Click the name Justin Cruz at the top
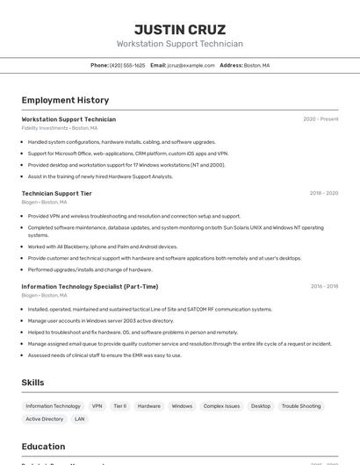point(179,29)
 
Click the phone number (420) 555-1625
point(127,65)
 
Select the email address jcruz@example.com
point(191,65)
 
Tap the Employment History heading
point(65,100)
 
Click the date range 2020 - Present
point(320,119)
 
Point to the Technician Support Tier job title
point(56,193)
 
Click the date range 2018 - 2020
point(323,193)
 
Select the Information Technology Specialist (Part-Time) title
point(90,286)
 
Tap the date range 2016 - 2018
point(323,286)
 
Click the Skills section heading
point(32,383)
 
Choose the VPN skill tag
point(97,406)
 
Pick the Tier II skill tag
point(119,406)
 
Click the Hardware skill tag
point(149,406)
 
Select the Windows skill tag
point(182,406)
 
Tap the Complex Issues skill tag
point(221,406)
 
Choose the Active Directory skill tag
point(45,419)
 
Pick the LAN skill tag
point(80,419)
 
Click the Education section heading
point(43,446)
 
